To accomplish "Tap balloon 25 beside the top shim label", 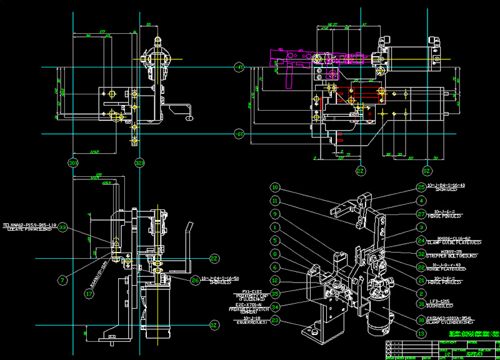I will pyautogui.click(x=421, y=187).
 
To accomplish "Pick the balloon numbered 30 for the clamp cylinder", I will pyautogui.click(x=421, y=319).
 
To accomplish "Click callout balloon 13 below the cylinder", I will pyautogui.click(x=421, y=334).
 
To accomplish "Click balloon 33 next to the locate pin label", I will pyautogui.click(x=63, y=229).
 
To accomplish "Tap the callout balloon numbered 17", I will pyautogui.click(x=89, y=292).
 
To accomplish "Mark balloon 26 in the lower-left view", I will pyautogui.click(x=196, y=281).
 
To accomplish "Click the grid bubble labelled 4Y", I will pyautogui.click(x=238, y=67).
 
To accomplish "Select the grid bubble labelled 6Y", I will pyautogui.click(x=238, y=134).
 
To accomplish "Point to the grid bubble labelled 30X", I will pyautogui.click(x=73, y=163).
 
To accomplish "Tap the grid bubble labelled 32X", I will pyautogui.click(x=139, y=163).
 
